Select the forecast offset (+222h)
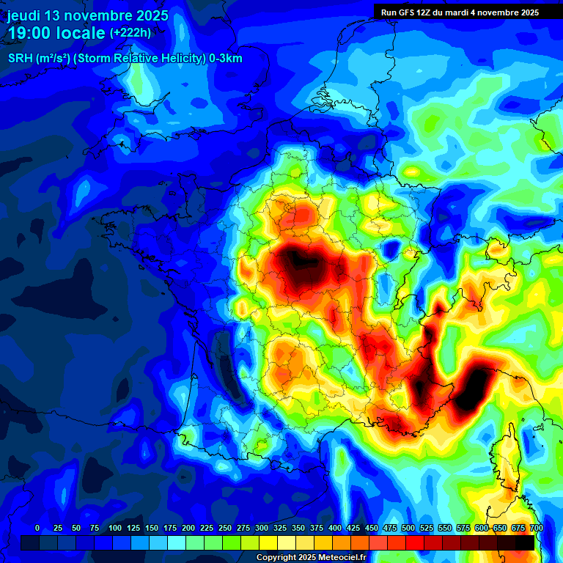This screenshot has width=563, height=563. [130, 32]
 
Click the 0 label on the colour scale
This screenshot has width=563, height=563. [37, 528]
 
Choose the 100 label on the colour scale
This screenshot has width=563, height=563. [115, 528]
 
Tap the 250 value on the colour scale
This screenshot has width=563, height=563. [225, 528]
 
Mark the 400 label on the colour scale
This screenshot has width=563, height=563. [335, 528]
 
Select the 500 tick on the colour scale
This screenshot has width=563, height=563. [408, 528]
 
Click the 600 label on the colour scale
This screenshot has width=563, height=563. [482, 528]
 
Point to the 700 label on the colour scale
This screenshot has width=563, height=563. [536, 528]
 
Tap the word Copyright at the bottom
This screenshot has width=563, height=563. [276, 558]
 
